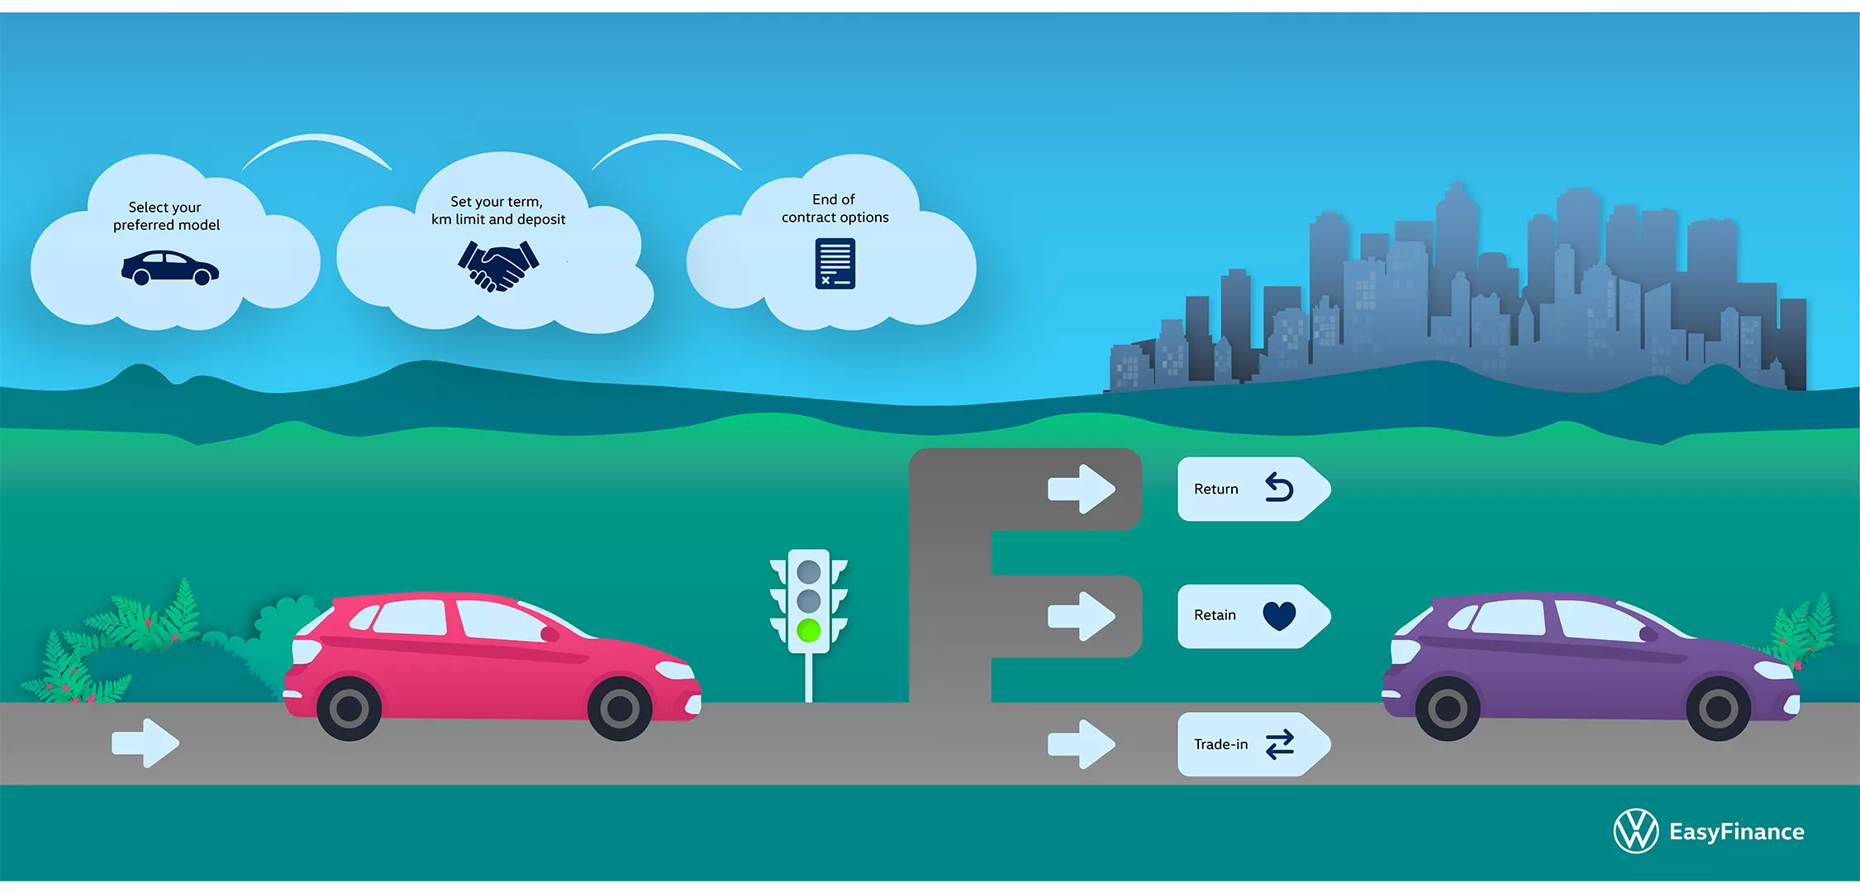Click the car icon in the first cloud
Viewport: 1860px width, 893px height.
coord(170,268)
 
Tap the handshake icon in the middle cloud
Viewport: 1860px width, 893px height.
coord(498,265)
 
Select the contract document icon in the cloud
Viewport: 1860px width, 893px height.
coord(835,264)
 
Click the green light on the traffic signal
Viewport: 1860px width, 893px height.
coord(808,631)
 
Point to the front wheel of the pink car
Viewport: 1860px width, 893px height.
coord(620,708)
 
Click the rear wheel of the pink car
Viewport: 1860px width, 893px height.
coord(349,708)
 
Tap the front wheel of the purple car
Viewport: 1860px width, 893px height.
coord(1718,708)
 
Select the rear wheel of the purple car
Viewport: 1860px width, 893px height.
coord(1447,708)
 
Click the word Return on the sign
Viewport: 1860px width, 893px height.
coord(1215,489)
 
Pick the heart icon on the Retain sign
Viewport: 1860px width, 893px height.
coord(1279,615)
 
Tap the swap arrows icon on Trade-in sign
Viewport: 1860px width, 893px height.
coord(1280,744)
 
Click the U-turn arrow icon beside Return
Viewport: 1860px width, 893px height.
coord(1279,488)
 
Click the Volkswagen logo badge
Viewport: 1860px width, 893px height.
coord(1635,830)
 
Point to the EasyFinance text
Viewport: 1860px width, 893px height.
coord(1736,832)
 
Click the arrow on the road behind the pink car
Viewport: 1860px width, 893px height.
coord(145,743)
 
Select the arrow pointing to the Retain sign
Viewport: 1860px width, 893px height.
coord(1082,616)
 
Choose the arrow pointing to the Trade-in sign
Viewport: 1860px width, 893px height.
coord(1082,744)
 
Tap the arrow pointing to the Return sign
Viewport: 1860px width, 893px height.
coord(1082,489)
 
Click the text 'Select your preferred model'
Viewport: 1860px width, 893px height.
coord(166,216)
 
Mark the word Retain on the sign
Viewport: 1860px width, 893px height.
coord(1215,615)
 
